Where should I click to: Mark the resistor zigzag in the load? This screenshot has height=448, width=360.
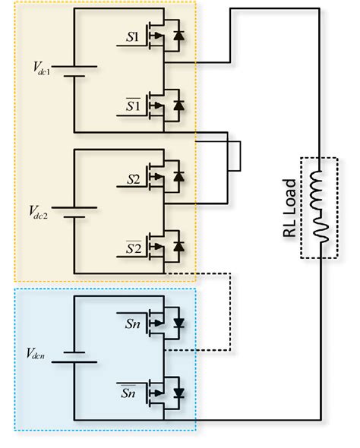tap(318, 232)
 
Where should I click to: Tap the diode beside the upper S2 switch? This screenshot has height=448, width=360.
tap(178, 176)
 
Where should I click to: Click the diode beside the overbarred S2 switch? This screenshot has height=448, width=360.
tap(178, 247)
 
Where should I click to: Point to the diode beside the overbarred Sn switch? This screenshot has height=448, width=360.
tap(178, 392)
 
